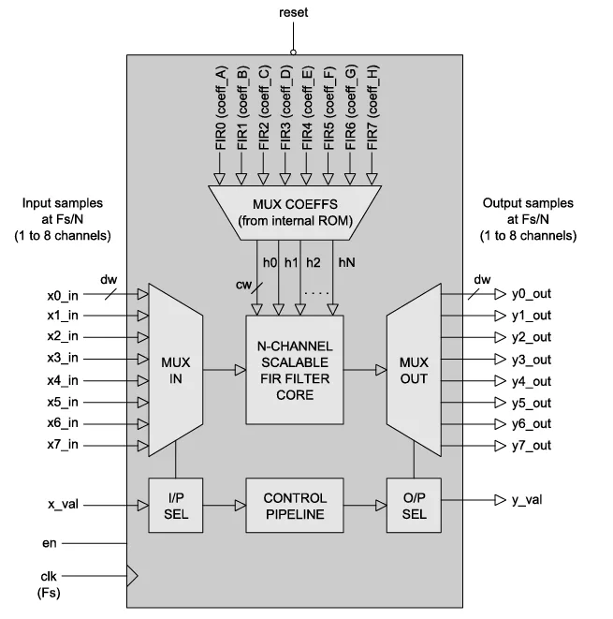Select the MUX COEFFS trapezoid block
(294, 212)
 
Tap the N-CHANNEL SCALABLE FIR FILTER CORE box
(294, 370)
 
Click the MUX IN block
(175, 370)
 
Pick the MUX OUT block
(413, 370)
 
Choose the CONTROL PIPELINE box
(294, 506)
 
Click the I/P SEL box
(175, 506)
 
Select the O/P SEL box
(413, 506)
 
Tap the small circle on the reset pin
(294, 52)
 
